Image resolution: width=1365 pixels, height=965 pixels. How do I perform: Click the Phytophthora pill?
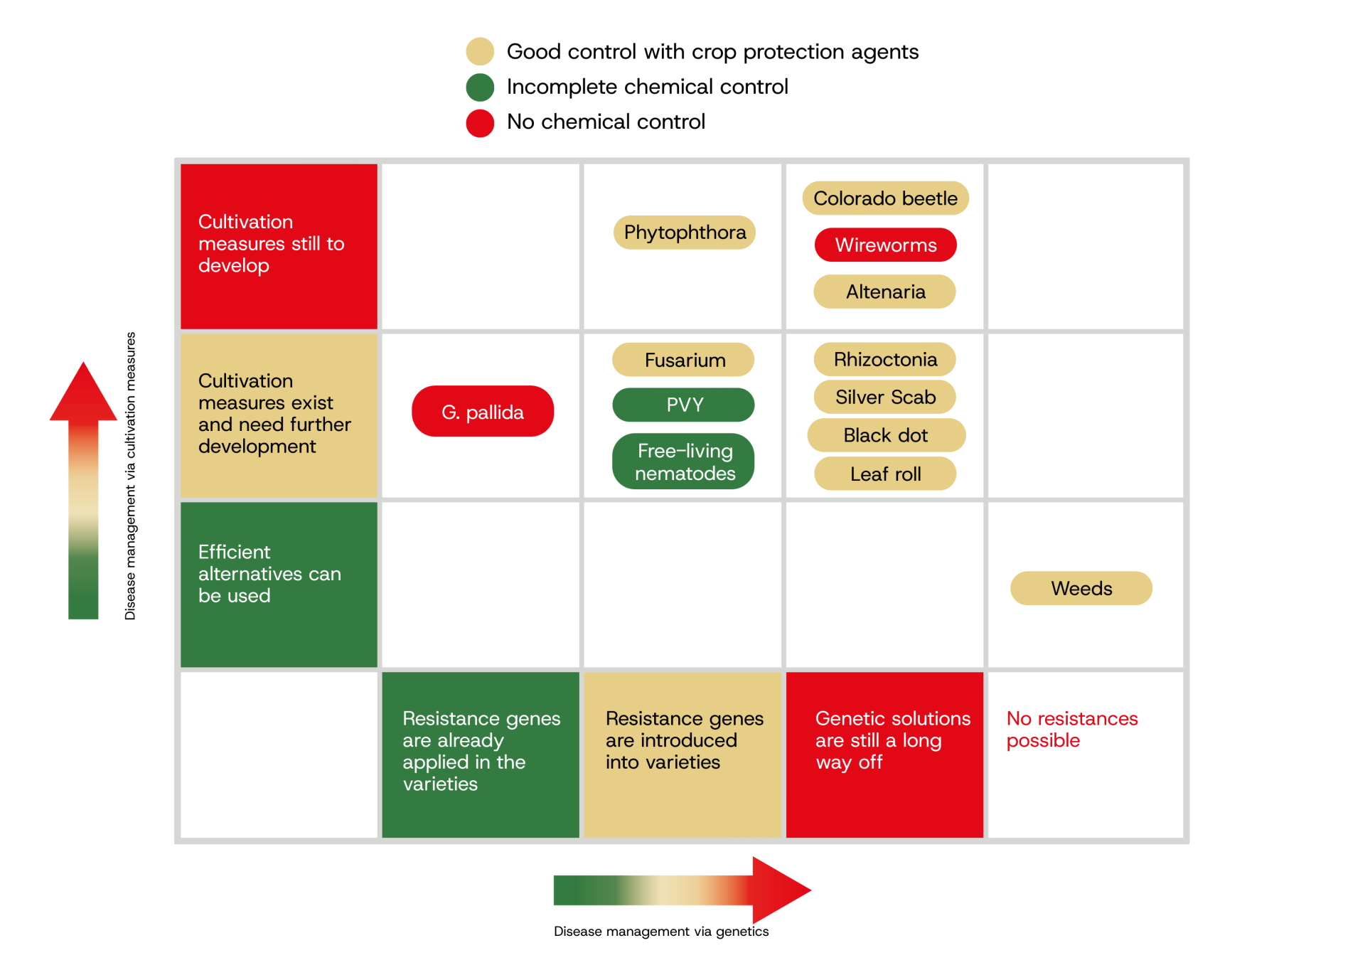[684, 233]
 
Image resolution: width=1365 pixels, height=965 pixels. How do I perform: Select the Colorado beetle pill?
[885, 198]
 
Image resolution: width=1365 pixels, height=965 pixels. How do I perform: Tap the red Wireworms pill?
[885, 245]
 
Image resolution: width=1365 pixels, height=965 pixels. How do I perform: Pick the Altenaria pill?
[885, 292]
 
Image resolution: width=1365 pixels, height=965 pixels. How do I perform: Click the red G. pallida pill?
[483, 411]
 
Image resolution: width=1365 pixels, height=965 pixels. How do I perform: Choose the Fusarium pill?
[683, 360]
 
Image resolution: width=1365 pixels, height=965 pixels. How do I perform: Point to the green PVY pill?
[683, 405]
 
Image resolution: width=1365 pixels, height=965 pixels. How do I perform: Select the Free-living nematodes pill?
[683, 462]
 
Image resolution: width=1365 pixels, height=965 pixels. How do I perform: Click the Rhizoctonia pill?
[885, 359]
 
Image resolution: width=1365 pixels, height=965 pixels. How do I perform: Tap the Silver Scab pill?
[885, 397]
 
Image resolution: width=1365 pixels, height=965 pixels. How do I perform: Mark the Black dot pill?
[886, 435]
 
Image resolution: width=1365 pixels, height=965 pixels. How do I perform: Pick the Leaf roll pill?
[885, 474]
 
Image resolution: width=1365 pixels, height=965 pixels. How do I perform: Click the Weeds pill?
[1081, 588]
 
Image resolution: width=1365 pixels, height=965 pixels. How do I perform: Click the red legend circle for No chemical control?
[480, 123]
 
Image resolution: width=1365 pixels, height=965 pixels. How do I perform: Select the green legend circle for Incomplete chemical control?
[480, 87]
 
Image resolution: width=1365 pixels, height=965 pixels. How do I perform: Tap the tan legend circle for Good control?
[480, 51]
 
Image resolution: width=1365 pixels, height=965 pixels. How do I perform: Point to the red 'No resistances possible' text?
[1072, 729]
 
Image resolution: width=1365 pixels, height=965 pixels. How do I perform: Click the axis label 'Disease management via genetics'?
[661, 932]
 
